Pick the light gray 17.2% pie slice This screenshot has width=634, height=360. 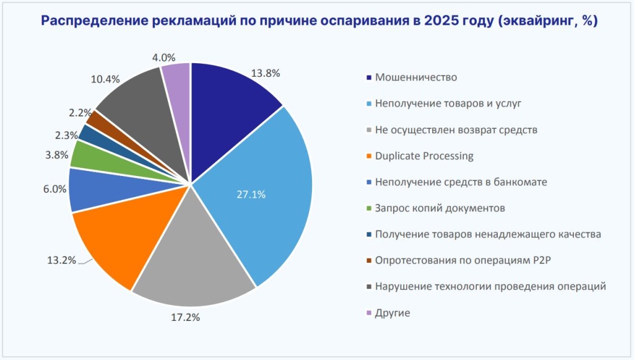click(192, 260)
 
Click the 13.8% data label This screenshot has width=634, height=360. click(266, 72)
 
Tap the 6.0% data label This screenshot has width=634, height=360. click(54, 190)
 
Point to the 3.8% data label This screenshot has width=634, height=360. click(56, 156)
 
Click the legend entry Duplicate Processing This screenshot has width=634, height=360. click(423, 156)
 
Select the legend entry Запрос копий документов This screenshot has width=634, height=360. click(440, 208)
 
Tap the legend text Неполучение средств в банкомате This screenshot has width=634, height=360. click(461, 182)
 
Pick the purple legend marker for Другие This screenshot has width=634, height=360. click(370, 314)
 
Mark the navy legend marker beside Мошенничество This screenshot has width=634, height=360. click(370, 78)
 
